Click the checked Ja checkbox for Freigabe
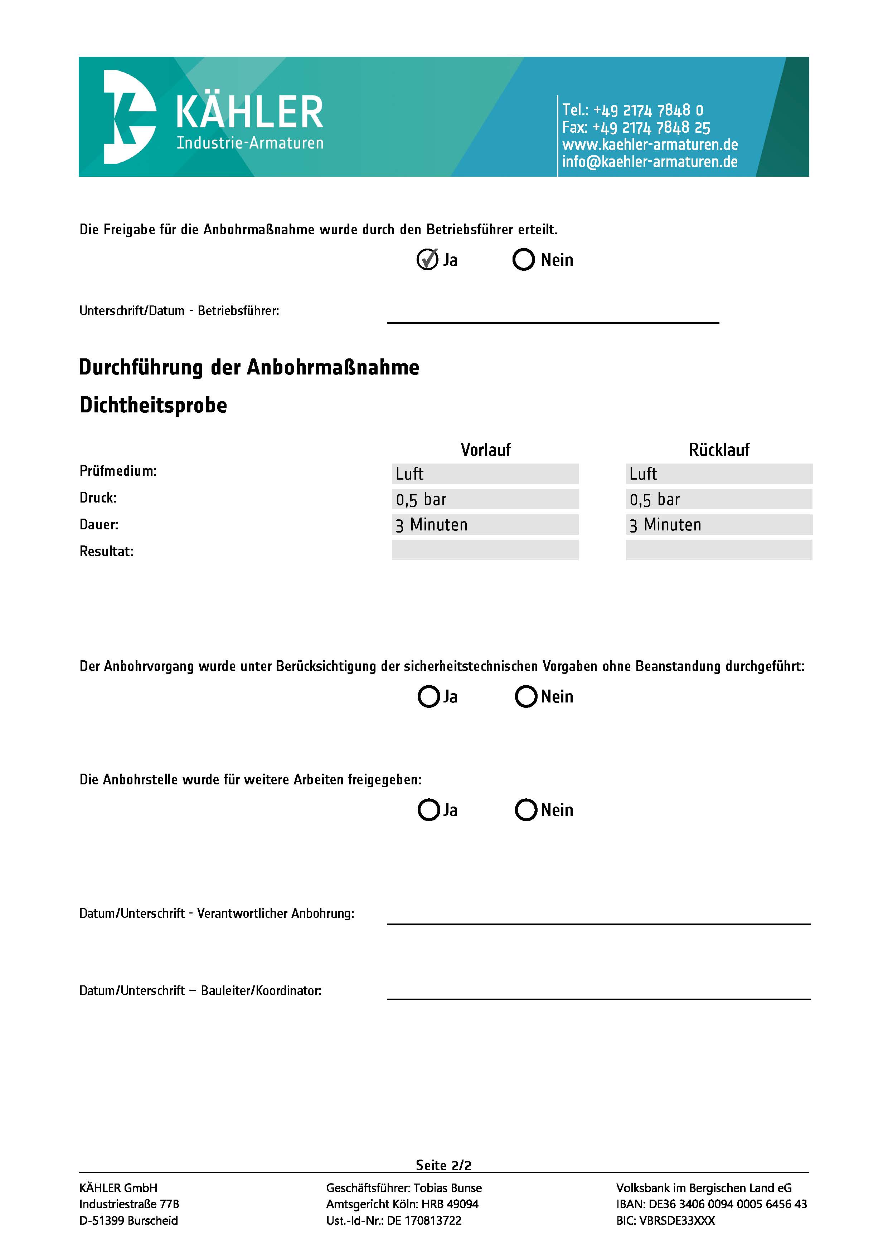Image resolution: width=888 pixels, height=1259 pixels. pyautogui.click(x=427, y=259)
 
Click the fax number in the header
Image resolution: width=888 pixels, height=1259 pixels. pyautogui.click(x=636, y=128)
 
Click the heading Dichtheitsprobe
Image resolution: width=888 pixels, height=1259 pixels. pyautogui.click(x=153, y=405)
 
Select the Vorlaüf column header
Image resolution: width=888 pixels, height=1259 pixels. pyautogui.click(x=485, y=450)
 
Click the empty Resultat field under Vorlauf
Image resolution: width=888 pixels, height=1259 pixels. pyautogui.click(x=485, y=550)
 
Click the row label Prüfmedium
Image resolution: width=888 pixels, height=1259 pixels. pyautogui.click(x=118, y=471)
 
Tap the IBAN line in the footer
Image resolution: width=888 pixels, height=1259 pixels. pyautogui.click(x=711, y=1204)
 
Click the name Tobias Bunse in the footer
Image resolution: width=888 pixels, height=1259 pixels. pyautogui.click(x=447, y=1188)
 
